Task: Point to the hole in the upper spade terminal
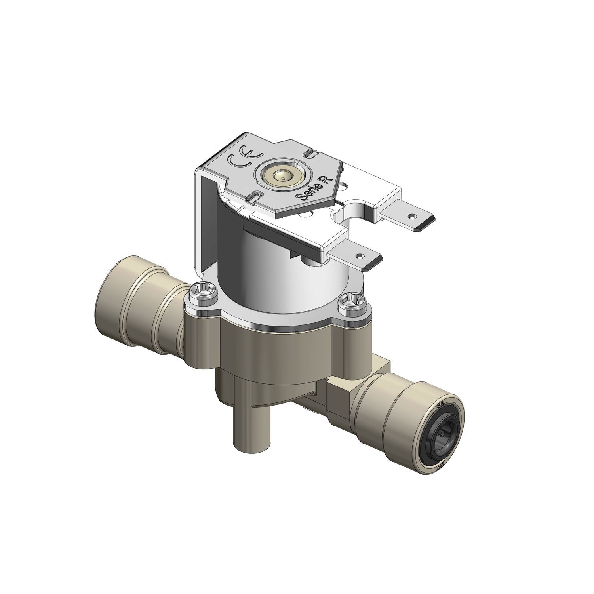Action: (x=413, y=216)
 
